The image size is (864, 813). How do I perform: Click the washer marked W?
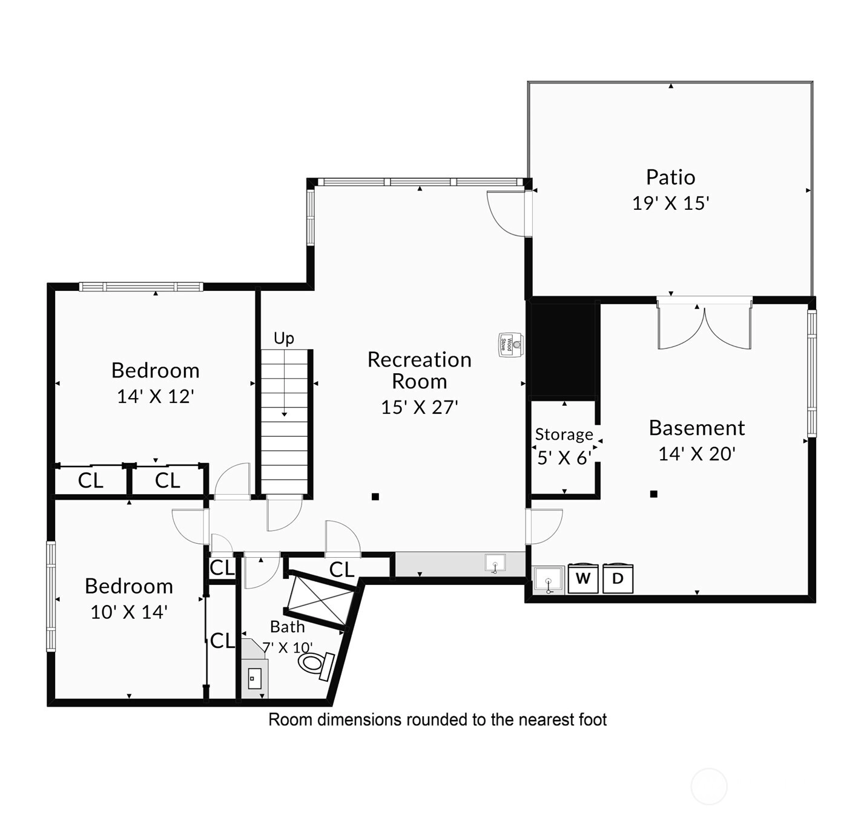(583, 578)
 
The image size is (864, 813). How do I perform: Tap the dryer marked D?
(618, 578)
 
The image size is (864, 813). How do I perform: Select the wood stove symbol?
(511, 345)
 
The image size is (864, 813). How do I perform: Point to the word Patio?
(670, 177)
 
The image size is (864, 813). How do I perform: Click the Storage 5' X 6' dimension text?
(564, 458)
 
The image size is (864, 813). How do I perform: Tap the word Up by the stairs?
(283, 338)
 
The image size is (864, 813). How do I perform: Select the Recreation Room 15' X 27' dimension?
(420, 407)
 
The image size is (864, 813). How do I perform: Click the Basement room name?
(697, 428)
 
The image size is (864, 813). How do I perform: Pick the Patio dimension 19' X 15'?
(670, 203)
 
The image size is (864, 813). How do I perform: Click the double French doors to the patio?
(704, 322)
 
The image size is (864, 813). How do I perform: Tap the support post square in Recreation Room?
(375, 497)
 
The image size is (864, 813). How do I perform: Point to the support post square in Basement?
(653, 494)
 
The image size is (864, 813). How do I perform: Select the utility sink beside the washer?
(549, 580)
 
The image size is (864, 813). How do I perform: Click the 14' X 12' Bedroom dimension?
(156, 396)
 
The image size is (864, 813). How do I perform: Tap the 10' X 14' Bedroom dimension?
(129, 612)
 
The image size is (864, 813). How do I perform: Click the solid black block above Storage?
(562, 350)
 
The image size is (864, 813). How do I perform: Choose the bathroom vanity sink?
(254, 678)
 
